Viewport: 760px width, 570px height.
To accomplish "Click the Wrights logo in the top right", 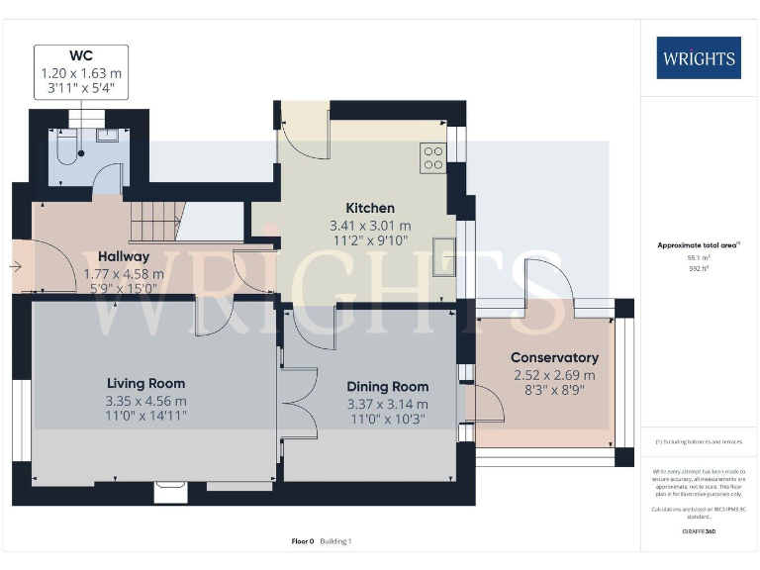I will pos(698,57).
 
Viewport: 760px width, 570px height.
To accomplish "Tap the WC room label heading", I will pos(80,55).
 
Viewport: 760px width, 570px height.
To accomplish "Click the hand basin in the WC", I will pos(107,137).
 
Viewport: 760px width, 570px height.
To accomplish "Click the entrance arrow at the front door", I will pos(19,266).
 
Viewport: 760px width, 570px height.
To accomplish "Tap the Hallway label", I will pos(124,256).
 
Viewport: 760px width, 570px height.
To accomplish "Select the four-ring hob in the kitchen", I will pos(432,158).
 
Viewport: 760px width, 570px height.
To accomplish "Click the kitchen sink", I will pos(442,256).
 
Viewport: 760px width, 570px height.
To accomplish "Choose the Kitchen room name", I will pos(369,208).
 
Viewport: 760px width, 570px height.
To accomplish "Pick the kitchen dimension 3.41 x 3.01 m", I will pos(369,226).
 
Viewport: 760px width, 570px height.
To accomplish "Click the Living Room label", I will pos(145,383).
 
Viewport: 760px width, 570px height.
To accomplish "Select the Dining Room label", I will pos(387,387).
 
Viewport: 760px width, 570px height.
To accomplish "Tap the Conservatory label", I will pos(554,357).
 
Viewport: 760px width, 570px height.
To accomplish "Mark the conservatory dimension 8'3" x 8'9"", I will pos(554,392).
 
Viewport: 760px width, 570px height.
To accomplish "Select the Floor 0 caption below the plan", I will pos(303,541).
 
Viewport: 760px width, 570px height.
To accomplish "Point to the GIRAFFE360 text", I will pos(699,531).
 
